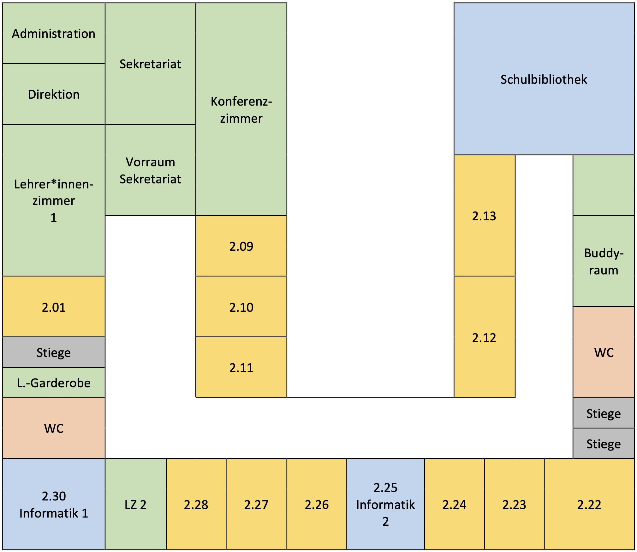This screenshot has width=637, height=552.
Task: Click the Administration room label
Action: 54,34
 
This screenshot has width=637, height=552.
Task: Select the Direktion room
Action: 54,94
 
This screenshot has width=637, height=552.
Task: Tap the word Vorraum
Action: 150,162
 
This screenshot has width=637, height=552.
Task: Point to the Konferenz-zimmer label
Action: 241,110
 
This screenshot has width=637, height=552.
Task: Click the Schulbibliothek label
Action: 544,79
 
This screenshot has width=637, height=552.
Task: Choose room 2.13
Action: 484,216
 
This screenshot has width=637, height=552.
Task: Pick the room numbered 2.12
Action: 484,338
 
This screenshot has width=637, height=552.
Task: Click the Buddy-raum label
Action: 604,261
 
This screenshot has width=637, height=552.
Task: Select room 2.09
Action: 241,246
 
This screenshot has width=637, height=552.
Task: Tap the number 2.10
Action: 241,307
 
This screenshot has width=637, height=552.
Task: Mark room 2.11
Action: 241,368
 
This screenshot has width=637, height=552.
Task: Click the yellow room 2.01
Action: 54,307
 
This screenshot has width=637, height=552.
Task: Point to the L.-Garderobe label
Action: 54,383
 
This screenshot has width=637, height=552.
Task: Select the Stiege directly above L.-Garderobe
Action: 54,353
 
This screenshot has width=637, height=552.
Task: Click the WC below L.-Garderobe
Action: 54,428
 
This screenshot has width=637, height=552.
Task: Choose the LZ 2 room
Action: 135,505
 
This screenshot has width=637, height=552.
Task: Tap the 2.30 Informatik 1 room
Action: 54,505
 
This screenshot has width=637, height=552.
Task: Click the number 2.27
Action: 256,505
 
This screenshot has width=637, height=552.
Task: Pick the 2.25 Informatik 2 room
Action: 385,505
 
